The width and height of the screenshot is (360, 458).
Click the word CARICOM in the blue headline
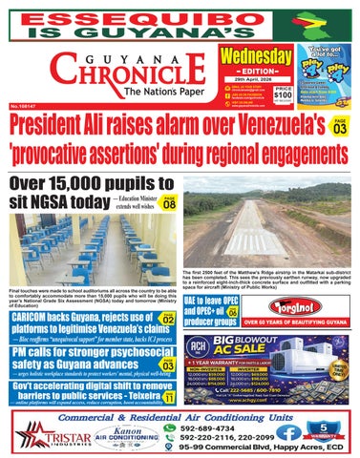click(x=39, y=317)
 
